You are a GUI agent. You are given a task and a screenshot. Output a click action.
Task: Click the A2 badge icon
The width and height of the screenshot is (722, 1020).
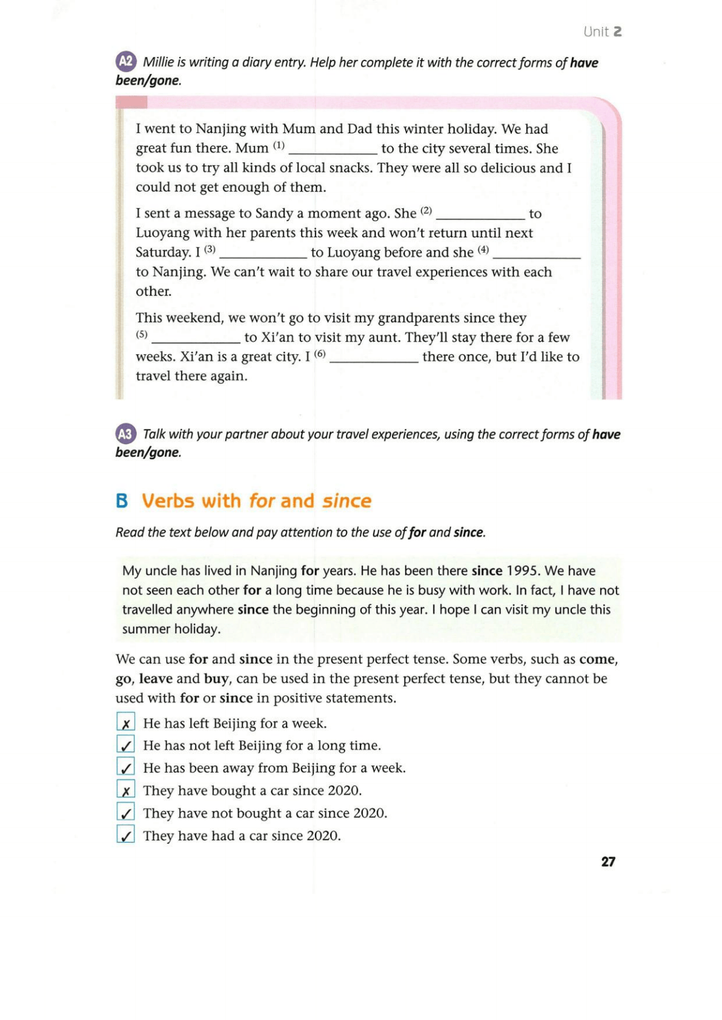126,62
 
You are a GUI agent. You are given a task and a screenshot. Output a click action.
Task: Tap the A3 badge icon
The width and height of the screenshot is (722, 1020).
126,434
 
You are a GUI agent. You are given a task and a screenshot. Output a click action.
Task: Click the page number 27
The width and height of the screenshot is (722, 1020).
608,861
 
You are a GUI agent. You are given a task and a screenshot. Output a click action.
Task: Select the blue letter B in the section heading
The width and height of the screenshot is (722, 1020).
122,501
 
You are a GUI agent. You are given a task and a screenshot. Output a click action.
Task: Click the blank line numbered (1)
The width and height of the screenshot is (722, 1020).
333,150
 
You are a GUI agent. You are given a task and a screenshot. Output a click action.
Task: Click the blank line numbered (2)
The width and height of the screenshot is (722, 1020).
480,216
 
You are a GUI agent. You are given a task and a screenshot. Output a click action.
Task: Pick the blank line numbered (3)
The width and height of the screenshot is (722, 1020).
263,254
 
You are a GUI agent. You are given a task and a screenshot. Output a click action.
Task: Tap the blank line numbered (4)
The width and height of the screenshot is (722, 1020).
537,254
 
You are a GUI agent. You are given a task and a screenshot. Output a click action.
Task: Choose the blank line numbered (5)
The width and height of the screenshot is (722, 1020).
196,339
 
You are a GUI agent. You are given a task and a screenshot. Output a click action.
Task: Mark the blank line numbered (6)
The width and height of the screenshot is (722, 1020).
374,359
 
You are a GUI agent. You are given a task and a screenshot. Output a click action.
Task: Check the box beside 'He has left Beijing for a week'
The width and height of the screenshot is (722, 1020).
125,723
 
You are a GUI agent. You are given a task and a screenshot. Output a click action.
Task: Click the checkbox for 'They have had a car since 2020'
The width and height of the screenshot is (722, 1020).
125,835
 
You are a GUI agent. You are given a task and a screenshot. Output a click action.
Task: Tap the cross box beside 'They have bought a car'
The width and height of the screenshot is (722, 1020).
125,790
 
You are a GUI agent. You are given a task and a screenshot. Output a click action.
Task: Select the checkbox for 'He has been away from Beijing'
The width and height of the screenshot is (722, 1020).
125,767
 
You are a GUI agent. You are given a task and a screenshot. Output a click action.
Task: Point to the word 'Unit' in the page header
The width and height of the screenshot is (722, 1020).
596,31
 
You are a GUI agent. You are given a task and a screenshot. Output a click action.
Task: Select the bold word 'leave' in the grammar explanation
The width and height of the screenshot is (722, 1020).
156,678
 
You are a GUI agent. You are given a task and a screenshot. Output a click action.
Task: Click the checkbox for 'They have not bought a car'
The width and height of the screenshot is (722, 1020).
125,812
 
